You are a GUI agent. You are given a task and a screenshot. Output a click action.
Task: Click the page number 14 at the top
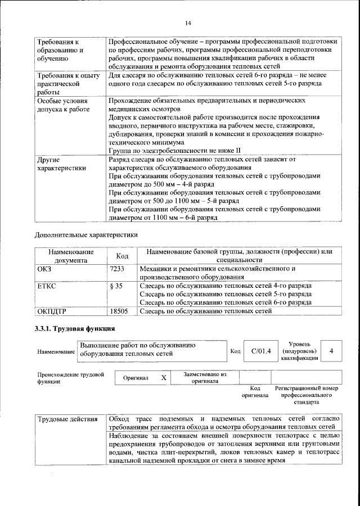point(188,22)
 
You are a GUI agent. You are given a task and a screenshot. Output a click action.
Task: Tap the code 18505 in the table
point(119,310)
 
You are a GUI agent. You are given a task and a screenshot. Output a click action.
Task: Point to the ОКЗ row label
point(44,269)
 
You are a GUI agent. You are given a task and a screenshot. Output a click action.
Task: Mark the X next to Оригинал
point(164,378)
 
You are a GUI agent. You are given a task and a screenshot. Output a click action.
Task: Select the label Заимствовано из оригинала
point(205,377)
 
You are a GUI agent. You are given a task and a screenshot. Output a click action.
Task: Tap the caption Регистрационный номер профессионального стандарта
point(307,395)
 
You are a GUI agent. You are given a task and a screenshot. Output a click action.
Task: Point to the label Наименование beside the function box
point(56,351)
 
